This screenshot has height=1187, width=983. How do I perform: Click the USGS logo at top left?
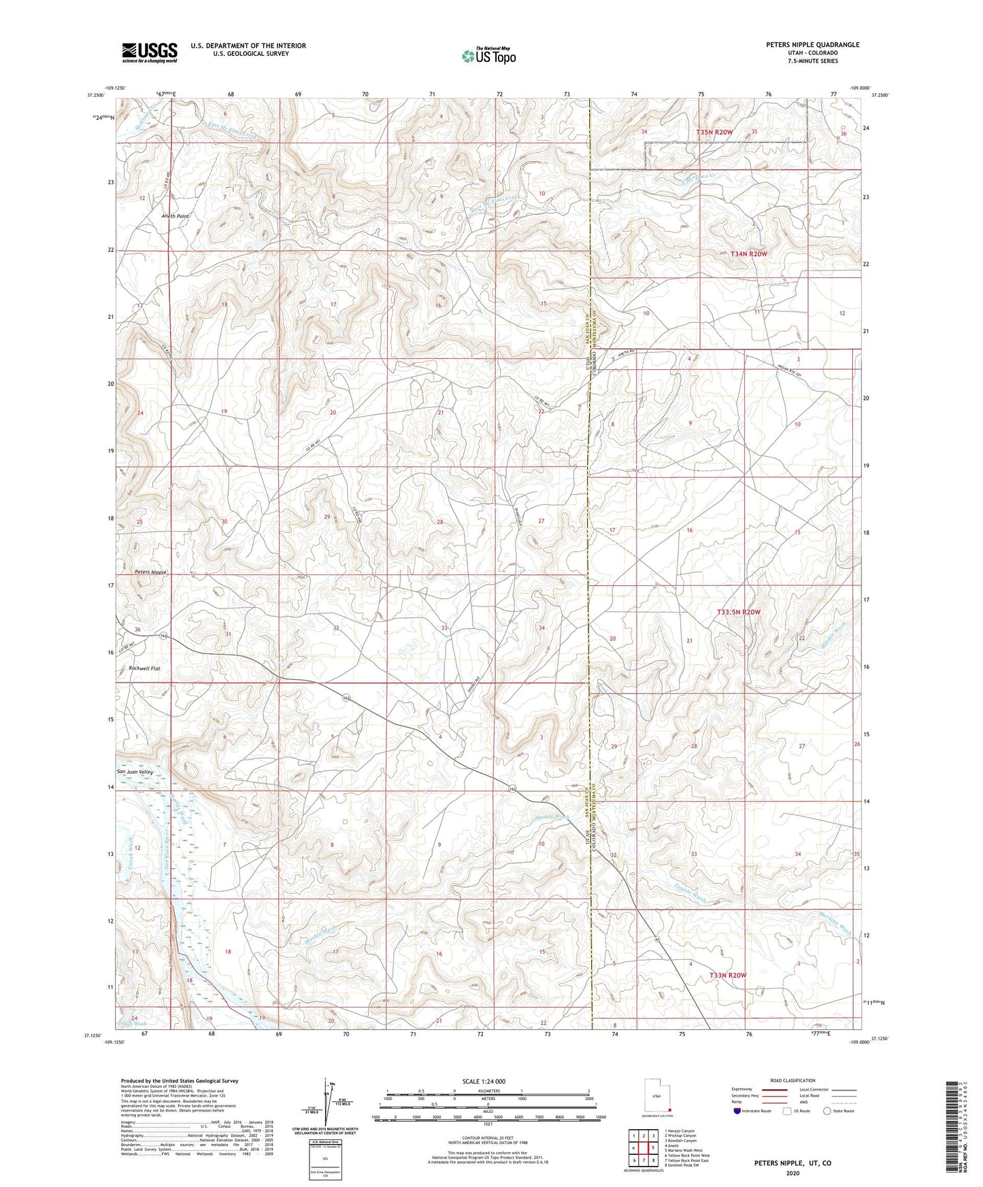click(x=150, y=52)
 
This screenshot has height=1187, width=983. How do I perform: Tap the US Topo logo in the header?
click(x=488, y=55)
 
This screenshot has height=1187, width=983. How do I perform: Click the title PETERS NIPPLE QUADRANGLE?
click(x=812, y=45)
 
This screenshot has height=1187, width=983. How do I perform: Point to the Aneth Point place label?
click(x=174, y=216)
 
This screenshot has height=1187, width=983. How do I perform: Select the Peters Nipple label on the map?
click(x=150, y=572)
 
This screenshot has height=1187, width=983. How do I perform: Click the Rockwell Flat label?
click(x=144, y=668)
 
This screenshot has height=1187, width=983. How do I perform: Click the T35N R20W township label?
click(x=714, y=132)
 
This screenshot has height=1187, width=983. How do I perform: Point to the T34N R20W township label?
click(x=748, y=254)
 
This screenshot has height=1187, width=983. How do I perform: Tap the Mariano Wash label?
click(x=835, y=922)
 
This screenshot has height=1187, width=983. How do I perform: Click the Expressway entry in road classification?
click(x=742, y=1089)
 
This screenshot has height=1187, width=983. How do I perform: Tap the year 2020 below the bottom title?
click(x=792, y=1173)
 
